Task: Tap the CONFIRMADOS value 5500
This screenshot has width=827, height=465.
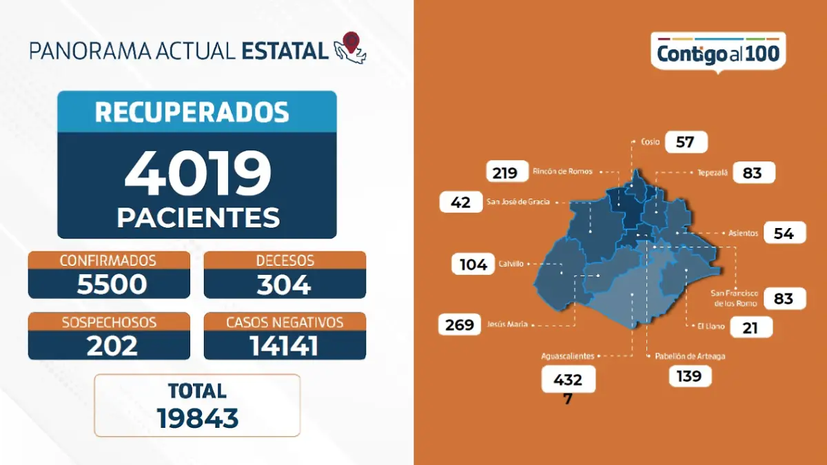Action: click(x=112, y=284)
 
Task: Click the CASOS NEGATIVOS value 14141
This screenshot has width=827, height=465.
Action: click(x=284, y=345)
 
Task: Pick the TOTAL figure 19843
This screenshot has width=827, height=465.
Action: click(x=197, y=417)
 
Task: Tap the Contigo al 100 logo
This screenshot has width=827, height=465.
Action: click(x=718, y=54)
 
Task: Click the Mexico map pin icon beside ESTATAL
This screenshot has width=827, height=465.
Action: click(x=350, y=47)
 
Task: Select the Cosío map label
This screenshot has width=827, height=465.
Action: click(x=650, y=142)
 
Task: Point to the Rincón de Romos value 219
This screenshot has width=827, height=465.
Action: click(x=505, y=172)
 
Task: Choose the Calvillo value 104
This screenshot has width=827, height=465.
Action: click(x=473, y=264)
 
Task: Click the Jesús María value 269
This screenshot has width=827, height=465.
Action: click(x=460, y=324)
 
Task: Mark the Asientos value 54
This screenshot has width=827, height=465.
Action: click(x=784, y=233)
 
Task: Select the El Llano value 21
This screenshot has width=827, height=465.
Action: click(x=750, y=328)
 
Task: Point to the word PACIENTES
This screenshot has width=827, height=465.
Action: click(x=198, y=217)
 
